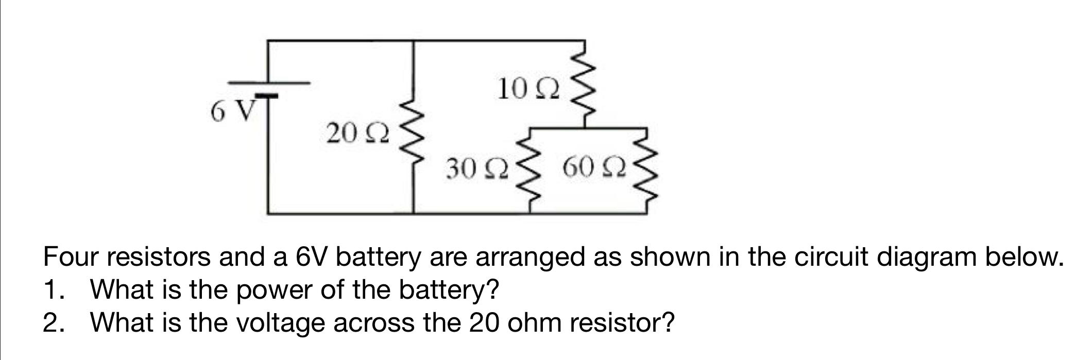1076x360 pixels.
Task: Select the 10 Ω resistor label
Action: click(528, 89)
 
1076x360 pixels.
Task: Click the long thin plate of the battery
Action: click(269, 81)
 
